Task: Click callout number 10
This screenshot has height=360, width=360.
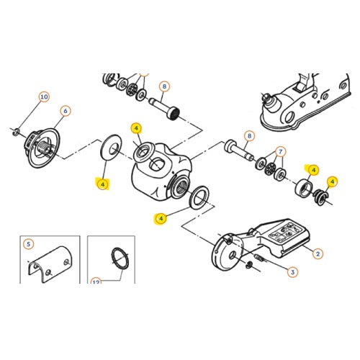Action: click(44, 96)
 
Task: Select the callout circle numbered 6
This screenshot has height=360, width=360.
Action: click(66, 111)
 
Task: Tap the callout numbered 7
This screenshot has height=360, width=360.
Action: click(280, 152)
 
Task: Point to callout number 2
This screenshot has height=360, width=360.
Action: click(318, 253)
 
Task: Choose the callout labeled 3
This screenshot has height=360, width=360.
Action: click(292, 272)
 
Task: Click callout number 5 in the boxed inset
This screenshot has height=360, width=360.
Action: click(29, 244)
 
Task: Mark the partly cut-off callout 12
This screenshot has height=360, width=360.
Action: click(96, 281)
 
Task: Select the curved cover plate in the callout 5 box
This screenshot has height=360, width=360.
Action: click(50, 264)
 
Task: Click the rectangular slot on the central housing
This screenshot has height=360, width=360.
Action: click(156, 164)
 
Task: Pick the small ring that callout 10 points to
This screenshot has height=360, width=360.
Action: click(17, 131)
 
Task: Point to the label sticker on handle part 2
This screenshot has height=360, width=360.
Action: click(285, 233)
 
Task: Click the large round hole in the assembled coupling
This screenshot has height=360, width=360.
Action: click(290, 117)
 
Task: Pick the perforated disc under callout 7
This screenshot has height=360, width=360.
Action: click(271, 168)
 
